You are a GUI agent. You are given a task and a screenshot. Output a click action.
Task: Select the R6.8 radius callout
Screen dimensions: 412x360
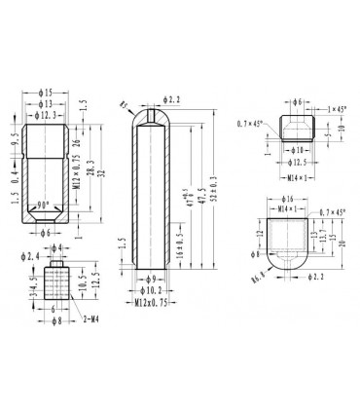pos(257,276)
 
